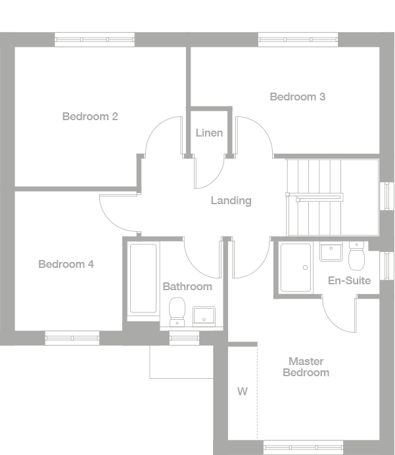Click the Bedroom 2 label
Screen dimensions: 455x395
(90, 117)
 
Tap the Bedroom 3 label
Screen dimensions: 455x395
(298, 97)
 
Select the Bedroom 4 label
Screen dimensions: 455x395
(66, 265)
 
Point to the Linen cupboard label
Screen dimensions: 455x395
(209, 133)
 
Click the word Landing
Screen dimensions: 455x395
(231, 200)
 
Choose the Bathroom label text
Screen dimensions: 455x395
(187, 286)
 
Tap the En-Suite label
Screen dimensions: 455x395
(349, 280)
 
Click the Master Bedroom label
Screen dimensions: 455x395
(306, 366)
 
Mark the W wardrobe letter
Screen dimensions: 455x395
(243, 392)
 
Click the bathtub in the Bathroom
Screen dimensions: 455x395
(143, 278)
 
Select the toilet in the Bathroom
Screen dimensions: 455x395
(177, 311)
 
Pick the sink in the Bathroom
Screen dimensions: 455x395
(204, 314)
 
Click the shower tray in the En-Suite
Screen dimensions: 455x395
(296, 267)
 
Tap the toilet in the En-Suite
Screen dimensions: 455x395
(357, 256)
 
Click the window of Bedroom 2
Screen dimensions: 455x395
(94, 39)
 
